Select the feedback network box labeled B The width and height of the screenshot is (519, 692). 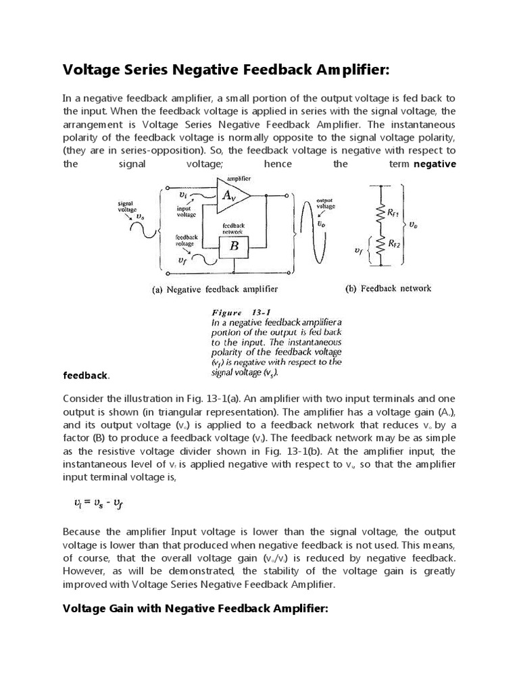234,247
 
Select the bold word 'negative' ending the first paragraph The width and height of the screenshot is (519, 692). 435,164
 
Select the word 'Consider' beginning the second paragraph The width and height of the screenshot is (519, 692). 84,397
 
